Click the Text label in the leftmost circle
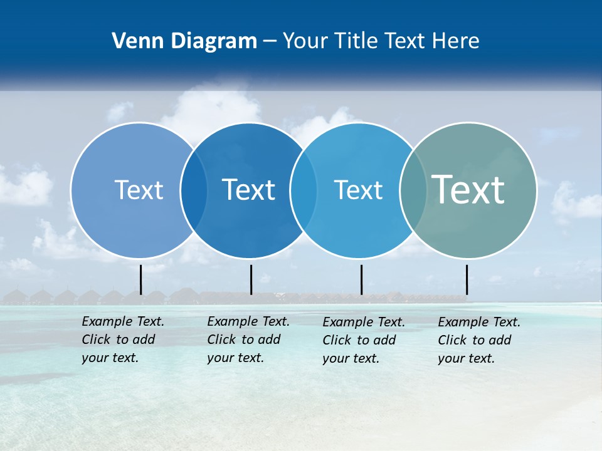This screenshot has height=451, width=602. pos(139,190)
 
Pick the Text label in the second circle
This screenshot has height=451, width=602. pos(249,190)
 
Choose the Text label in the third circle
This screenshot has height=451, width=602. pos(358,190)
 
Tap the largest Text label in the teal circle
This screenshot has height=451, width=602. pos(468,189)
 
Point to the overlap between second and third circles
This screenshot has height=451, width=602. pos(304,190)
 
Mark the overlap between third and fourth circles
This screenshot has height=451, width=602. pos(413,190)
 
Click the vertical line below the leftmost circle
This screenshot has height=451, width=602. pos(141,279)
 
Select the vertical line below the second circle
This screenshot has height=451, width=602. pos(251,279)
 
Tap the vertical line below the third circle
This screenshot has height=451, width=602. pos(361,279)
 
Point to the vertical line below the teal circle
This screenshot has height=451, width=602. pos(467,279)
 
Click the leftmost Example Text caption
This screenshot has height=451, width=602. pos(122,340)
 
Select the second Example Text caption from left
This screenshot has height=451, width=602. pos(248,340)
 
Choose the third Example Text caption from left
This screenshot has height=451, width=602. pos(363,340)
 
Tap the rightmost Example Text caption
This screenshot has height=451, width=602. pos(478,340)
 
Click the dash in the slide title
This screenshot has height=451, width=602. pos(270,41)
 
